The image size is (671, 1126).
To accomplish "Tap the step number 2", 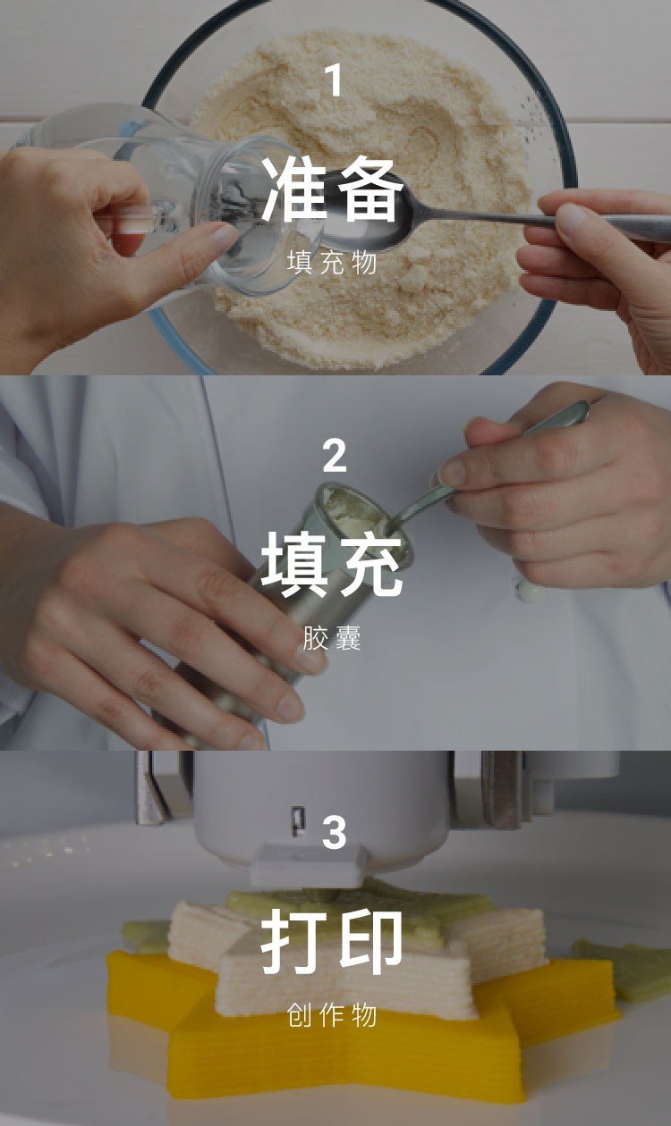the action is click(335, 455).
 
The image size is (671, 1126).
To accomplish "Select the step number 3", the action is click(335, 832).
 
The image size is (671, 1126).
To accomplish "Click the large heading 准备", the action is click(332, 189).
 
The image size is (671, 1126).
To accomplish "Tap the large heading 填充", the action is click(332, 565).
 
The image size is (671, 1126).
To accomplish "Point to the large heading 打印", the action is click(332, 940).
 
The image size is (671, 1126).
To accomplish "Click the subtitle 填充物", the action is click(332, 263).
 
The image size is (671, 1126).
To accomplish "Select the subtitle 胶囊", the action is click(332, 638).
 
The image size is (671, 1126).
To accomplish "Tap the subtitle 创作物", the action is click(332, 1014).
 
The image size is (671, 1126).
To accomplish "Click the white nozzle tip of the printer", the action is click(307, 866).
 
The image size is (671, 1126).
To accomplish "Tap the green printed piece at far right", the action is click(624, 971).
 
